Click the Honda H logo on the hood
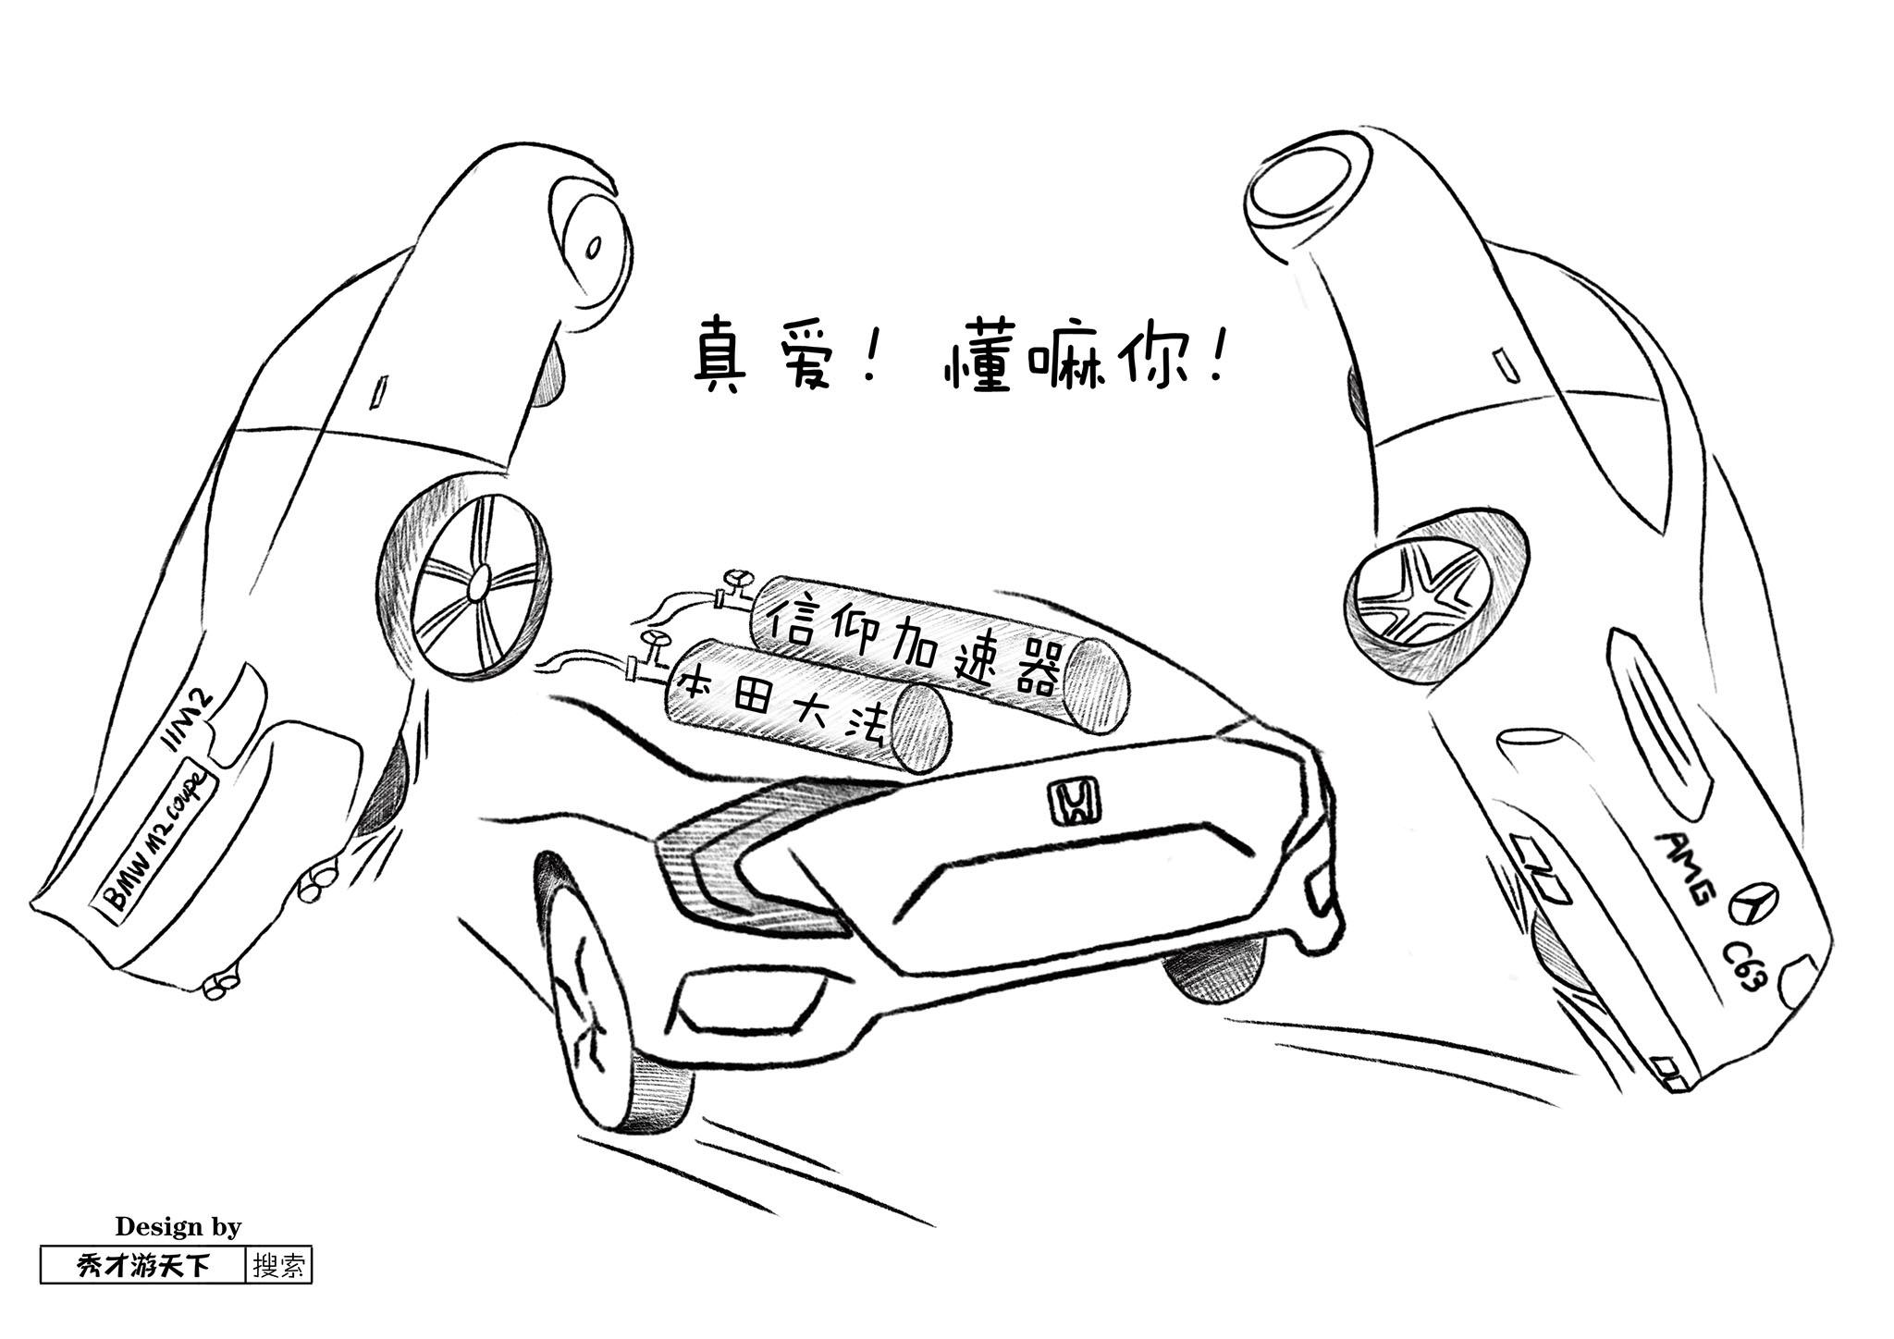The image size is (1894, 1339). [x=1074, y=801]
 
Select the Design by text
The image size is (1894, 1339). [x=178, y=1226]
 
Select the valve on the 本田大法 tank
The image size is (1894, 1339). [x=653, y=647]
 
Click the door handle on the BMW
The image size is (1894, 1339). [x=377, y=393]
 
